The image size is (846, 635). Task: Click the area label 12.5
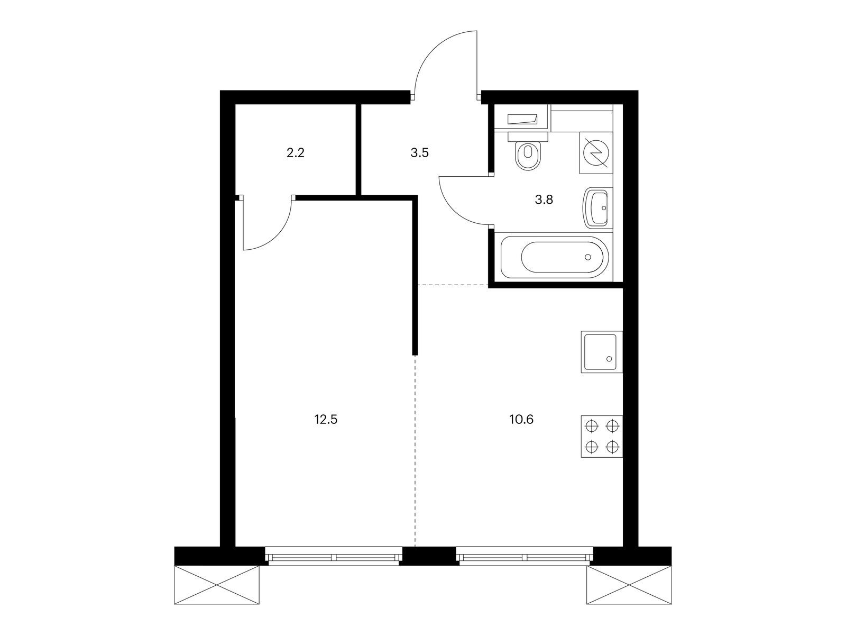coord(326,420)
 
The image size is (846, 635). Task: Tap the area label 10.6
coord(521,420)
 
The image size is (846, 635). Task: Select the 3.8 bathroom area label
coord(544,199)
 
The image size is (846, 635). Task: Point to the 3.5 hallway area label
coord(419,153)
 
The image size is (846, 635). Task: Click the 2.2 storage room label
coord(295,153)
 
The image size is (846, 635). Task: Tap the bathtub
coord(555,257)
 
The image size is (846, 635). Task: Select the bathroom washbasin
coord(596,208)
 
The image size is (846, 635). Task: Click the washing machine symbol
coord(596,153)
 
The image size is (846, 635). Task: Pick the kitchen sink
coord(602,352)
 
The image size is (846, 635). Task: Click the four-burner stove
coord(602,437)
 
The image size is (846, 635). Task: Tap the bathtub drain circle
coord(588,257)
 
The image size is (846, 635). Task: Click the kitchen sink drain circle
coord(609,359)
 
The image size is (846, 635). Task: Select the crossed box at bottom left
coord(217,585)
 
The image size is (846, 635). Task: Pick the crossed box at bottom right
coord(629,585)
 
